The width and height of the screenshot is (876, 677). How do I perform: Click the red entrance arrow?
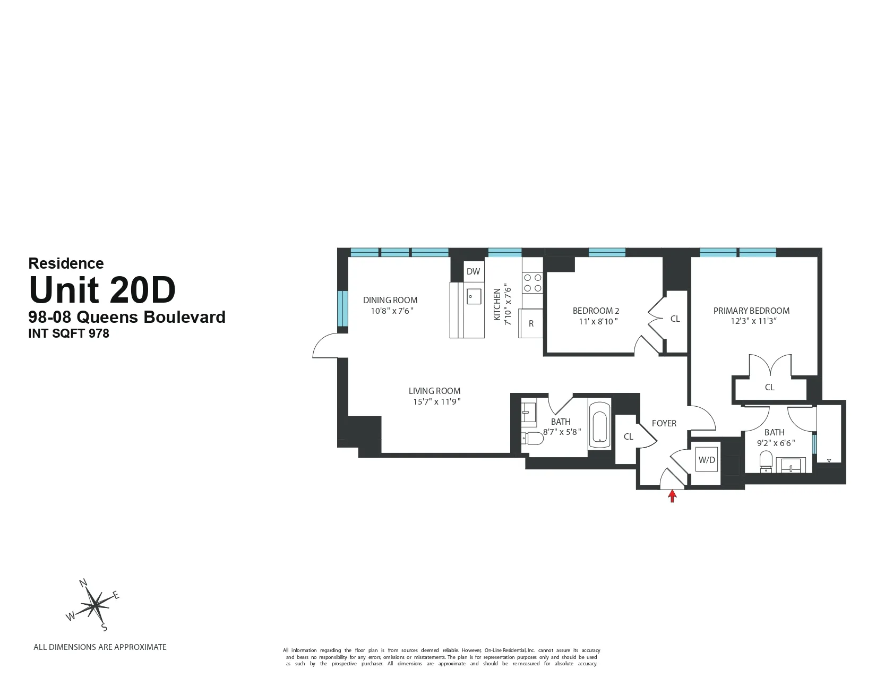pyautogui.click(x=672, y=496)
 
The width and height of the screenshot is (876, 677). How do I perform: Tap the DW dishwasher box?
pyautogui.click(x=473, y=271)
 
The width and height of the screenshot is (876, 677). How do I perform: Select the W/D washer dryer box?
pyautogui.click(x=707, y=460)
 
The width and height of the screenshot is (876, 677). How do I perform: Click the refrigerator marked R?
pyautogui.click(x=531, y=323)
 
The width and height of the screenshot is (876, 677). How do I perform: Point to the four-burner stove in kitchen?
pyautogui.click(x=533, y=282)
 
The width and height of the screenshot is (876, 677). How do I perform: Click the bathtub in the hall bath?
pyautogui.click(x=600, y=422)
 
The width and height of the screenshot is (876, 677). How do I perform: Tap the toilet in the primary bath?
pyautogui.click(x=766, y=460)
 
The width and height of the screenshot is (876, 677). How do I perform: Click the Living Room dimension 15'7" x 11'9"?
pyautogui.click(x=436, y=402)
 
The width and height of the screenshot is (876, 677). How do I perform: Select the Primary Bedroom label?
pyautogui.click(x=751, y=311)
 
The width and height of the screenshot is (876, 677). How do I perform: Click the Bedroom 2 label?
pyautogui.click(x=596, y=311)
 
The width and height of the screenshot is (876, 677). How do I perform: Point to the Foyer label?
pyautogui.click(x=664, y=423)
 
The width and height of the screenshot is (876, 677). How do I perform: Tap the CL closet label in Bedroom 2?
pyautogui.click(x=675, y=319)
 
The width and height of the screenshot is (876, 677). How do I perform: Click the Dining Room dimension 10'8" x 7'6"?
pyautogui.click(x=392, y=311)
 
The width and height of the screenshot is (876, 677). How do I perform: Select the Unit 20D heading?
pyautogui.click(x=102, y=290)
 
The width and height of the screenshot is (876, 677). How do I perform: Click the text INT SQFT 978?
pyautogui.click(x=68, y=333)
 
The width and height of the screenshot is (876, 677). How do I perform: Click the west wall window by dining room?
pyautogui.click(x=343, y=308)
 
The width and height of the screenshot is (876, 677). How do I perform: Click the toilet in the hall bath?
pyautogui.click(x=533, y=439)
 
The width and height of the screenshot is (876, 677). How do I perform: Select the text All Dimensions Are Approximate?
pyautogui.click(x=100, y=647)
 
